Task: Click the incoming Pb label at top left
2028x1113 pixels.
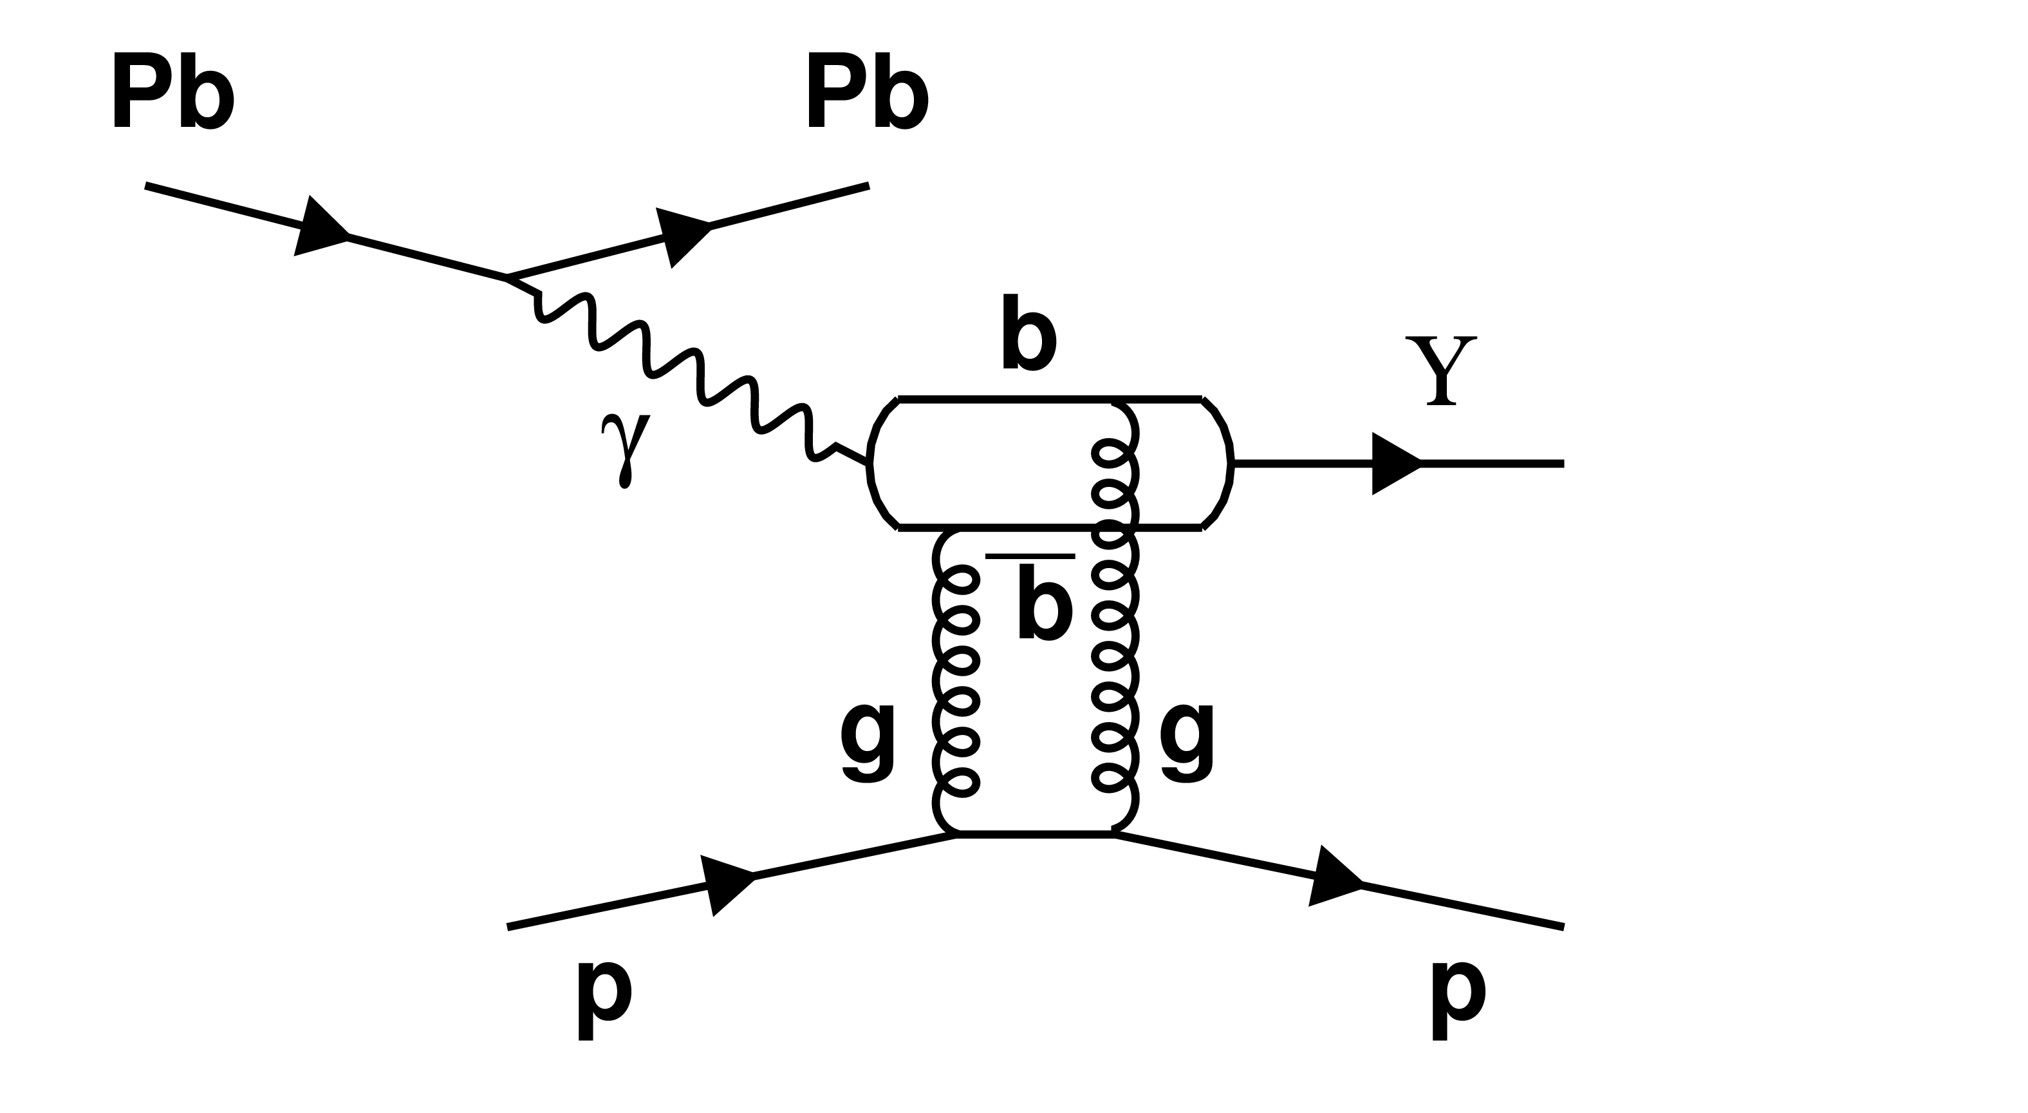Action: pos(172,92)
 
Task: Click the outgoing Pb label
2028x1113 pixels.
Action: pos(867,92)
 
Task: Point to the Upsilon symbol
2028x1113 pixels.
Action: pos(1440,370)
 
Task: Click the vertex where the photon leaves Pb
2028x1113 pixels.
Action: pos(507,278)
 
